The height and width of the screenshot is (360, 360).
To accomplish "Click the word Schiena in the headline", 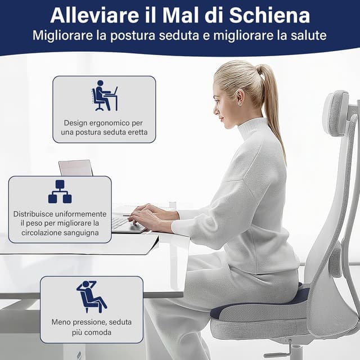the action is [269, 16].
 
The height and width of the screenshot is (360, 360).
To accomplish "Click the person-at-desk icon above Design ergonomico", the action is [105, 96].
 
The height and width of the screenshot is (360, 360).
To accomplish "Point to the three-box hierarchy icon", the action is [60, 191].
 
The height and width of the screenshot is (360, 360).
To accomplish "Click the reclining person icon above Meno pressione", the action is [92, 296].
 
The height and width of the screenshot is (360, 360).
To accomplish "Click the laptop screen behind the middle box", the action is [75, 168].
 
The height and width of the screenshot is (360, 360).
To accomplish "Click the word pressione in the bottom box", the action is [87, 322].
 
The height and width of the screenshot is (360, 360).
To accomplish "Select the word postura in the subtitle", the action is [133, 36].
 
